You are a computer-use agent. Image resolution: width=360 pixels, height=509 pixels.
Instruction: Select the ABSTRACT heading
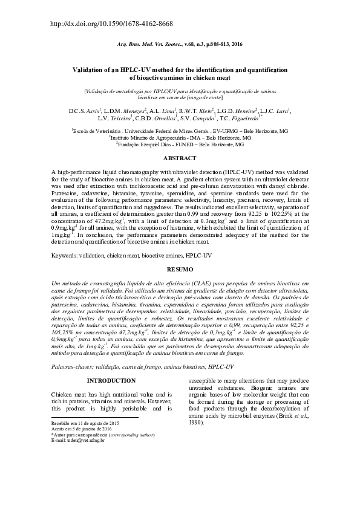pos(180,158)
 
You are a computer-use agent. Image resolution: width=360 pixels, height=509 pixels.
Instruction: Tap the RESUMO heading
pos(180,268)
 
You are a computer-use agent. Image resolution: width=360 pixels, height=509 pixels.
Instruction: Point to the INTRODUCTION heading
pos(111,380)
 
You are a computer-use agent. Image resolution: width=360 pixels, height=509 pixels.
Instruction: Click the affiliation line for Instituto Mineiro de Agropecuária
pos(180,138)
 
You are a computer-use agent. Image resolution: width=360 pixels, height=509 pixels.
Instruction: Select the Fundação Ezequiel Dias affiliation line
pos(180,145)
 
